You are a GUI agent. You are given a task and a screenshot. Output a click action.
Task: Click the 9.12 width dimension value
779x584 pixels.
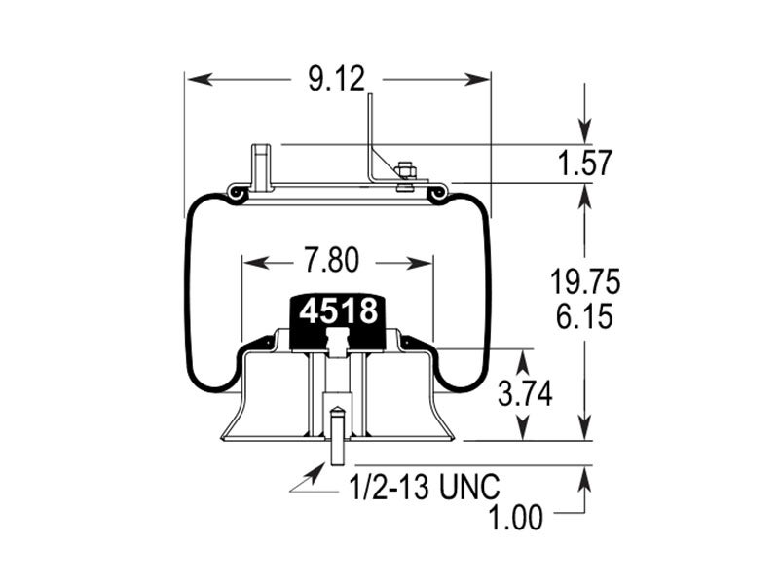336,79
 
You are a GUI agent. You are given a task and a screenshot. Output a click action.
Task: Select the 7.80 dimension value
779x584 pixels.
330,262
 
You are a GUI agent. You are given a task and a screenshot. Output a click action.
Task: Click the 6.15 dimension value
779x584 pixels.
584,316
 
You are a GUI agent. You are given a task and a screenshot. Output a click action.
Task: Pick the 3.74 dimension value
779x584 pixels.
525,394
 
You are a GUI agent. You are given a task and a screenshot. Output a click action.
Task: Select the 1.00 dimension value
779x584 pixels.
516,518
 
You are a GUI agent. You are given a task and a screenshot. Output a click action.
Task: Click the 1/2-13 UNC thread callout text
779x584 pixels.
424,488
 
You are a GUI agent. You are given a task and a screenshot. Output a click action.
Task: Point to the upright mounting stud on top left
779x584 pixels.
260,167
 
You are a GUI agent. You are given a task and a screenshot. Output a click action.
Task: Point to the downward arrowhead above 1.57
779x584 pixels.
584,132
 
